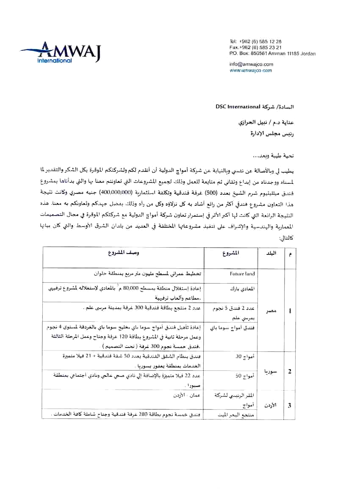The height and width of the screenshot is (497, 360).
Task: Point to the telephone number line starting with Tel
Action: [x=255, y=41]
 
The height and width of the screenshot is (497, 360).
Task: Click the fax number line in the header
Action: [x=255, y=47]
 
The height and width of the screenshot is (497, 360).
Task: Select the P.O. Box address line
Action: [x=272, y=54]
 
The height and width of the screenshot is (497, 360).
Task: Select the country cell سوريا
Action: [x=270, y=371]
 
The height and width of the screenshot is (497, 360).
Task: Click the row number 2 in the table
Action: [x=289, y=371]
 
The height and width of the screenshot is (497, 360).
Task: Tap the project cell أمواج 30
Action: [x=245, y=356]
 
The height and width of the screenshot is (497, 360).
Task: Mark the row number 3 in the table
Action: [x=289, y=405]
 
